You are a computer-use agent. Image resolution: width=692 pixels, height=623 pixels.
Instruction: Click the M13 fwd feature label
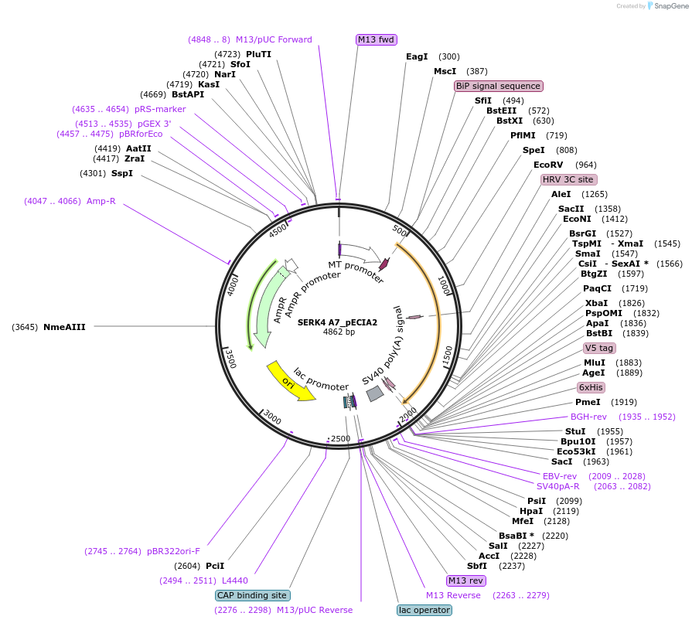377,39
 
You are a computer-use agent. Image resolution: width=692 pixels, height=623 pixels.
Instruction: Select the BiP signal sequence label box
499,86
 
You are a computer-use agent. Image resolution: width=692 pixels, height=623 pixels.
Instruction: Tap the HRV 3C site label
568,179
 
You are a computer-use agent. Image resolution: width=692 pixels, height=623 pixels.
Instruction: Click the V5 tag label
599,348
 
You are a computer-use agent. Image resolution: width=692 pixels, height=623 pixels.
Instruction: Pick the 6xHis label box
591,387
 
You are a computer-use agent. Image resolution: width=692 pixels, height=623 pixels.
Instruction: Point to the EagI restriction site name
417,56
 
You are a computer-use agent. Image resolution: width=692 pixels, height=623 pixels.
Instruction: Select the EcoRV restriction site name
549,165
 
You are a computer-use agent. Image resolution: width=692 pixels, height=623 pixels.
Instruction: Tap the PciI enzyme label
215,566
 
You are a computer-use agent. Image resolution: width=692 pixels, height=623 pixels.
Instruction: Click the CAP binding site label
253,595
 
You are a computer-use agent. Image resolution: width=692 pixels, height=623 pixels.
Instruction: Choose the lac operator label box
424,610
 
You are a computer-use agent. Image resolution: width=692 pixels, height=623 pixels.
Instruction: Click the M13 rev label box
466,580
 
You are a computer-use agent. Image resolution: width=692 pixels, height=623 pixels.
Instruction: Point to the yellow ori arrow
290,380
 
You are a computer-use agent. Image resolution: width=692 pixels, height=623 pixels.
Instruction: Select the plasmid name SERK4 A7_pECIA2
337,322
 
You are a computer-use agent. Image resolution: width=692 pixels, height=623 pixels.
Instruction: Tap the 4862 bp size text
339,332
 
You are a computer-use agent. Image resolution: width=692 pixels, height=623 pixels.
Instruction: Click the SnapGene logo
666,6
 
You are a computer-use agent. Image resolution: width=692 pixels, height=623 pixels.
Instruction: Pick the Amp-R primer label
101,201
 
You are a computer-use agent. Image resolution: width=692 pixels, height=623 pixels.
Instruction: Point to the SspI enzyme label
122,173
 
